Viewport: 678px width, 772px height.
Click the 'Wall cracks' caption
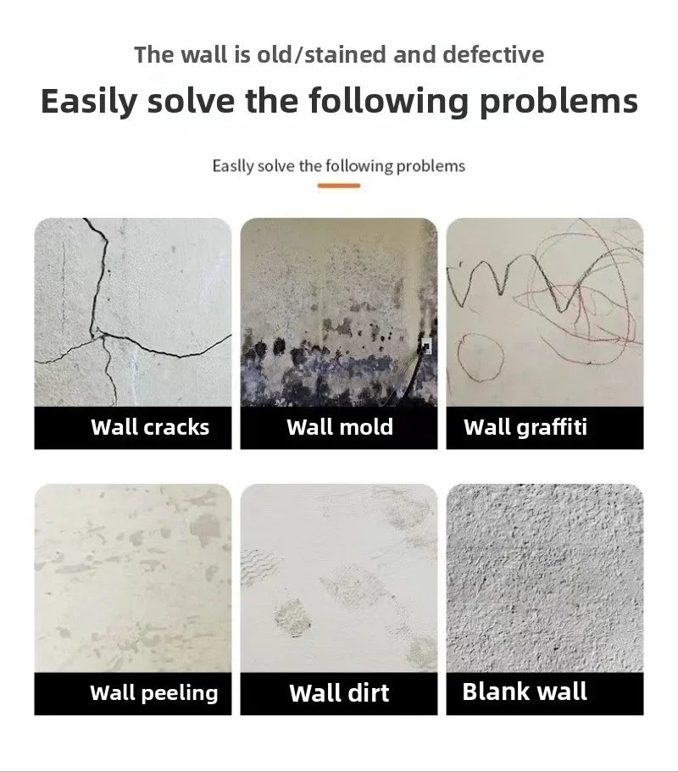(150, 427)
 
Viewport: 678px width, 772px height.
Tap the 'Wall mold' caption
(340, 427)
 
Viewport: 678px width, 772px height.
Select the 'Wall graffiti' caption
(525, 427)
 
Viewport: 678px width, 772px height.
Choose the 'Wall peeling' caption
(153, 693)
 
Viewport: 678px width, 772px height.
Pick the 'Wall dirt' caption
(340, 693)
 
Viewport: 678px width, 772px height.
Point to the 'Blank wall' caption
(525, 691)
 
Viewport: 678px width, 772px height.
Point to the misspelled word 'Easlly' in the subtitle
(233, 165)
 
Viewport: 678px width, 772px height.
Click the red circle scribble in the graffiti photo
(480, 352)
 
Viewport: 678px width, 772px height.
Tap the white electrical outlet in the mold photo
(425, 346)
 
